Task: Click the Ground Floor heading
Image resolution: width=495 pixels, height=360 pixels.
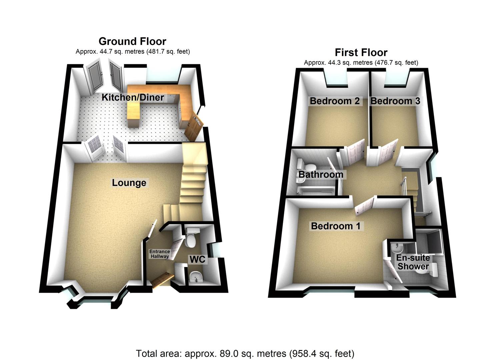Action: coord(132,41)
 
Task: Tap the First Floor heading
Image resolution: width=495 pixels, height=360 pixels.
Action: coord(361,52)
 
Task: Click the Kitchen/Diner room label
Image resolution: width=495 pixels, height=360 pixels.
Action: coord(133,97)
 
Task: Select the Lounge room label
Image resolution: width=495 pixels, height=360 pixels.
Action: coord(129,183)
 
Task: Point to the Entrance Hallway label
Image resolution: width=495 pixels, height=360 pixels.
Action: coord(159,254)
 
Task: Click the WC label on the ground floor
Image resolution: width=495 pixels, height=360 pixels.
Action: coord(197,259)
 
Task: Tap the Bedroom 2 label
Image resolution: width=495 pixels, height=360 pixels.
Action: coord(335,101)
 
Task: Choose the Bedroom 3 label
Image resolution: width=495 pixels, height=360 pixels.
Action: coord(395,101)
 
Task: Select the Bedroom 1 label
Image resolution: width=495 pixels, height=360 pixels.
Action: coord(335,226)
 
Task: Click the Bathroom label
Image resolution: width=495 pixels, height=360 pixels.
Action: coord(321,174)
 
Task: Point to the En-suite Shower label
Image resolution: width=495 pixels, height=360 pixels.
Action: coord(413,262)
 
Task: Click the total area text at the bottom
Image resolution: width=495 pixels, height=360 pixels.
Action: coord(245,353)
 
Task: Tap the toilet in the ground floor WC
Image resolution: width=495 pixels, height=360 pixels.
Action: coord(191,239)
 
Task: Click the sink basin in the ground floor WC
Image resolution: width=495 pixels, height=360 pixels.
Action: coord(195,277)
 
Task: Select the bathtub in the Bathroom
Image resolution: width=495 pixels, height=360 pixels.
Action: coord(315,191)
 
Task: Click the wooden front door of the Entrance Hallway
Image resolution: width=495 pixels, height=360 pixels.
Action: coord(163,279)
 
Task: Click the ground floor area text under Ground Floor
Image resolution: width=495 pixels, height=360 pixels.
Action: coord(133,52)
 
